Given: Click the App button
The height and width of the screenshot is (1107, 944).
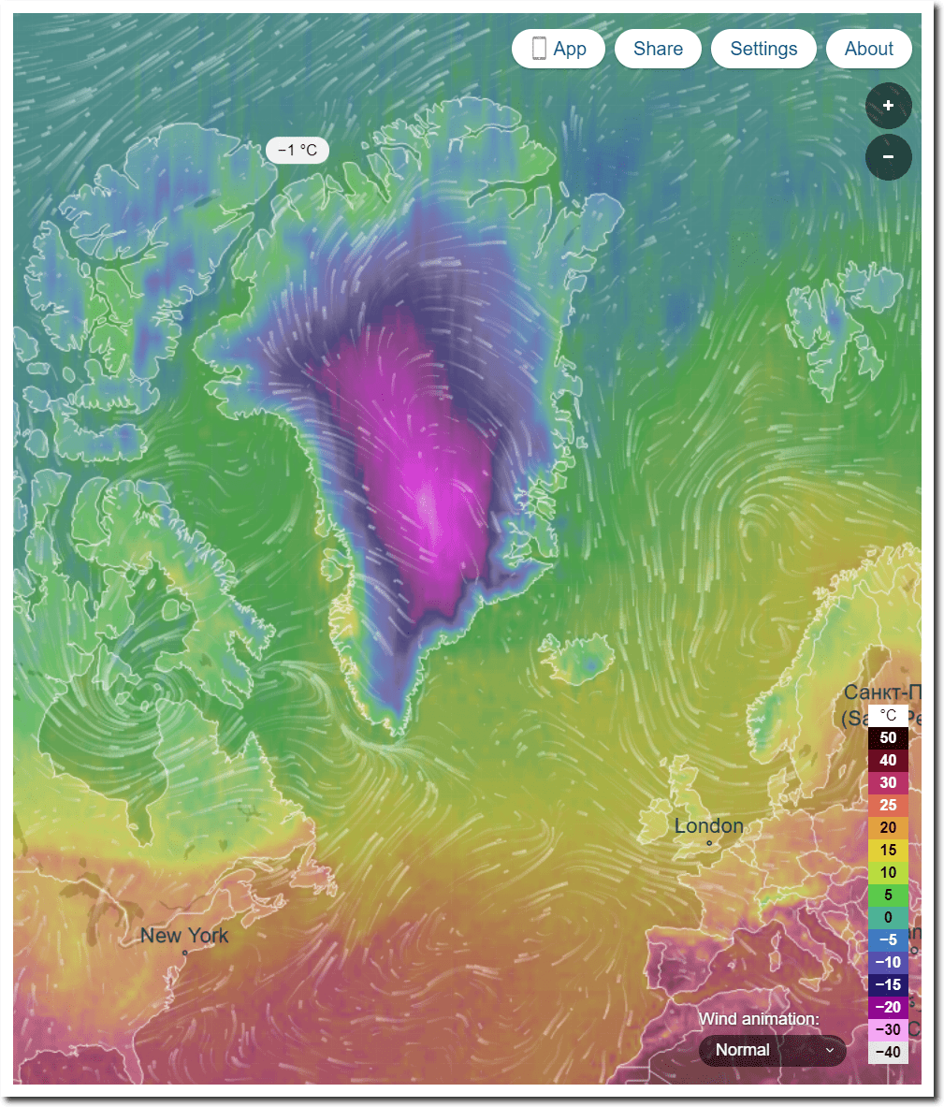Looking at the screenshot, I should tap(559, 49).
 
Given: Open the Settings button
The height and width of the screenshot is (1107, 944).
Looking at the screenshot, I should tap(763, 49).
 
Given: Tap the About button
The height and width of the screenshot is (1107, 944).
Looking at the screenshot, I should tap(868, 49).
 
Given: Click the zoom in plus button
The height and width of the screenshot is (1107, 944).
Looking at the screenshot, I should tap(888, 106).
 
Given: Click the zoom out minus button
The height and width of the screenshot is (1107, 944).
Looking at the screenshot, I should tap(888, 157).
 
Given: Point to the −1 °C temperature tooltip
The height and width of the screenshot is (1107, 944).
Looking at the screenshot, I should tap(298, 150).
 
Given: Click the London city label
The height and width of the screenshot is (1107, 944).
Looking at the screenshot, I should tap(709, 825).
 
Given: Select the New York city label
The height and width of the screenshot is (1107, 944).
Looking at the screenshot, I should tap(184, 935).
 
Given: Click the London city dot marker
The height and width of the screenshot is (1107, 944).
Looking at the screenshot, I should tap(709, 843).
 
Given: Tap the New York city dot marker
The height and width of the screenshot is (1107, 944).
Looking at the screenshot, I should tap(184, 953).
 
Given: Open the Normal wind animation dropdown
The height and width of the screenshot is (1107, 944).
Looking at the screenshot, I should tap(773, 1050).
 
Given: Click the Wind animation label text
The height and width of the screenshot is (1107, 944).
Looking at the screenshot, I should tap(759, 1019).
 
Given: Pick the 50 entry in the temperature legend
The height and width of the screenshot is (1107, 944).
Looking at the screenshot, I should tap(888, 737).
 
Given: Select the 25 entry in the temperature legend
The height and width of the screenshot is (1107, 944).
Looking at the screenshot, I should tap(888, 805).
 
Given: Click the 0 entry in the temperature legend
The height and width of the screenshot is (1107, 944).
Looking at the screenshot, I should tap(888, 917).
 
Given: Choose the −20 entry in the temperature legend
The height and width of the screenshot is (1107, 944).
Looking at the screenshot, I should tap(888, 1007).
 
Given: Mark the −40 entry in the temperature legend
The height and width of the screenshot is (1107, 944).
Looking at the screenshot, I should tap(888, 1052).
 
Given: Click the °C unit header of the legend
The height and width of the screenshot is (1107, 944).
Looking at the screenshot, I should tap(888, 716).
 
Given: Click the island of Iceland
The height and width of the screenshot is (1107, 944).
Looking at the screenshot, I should tap(578, 657).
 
